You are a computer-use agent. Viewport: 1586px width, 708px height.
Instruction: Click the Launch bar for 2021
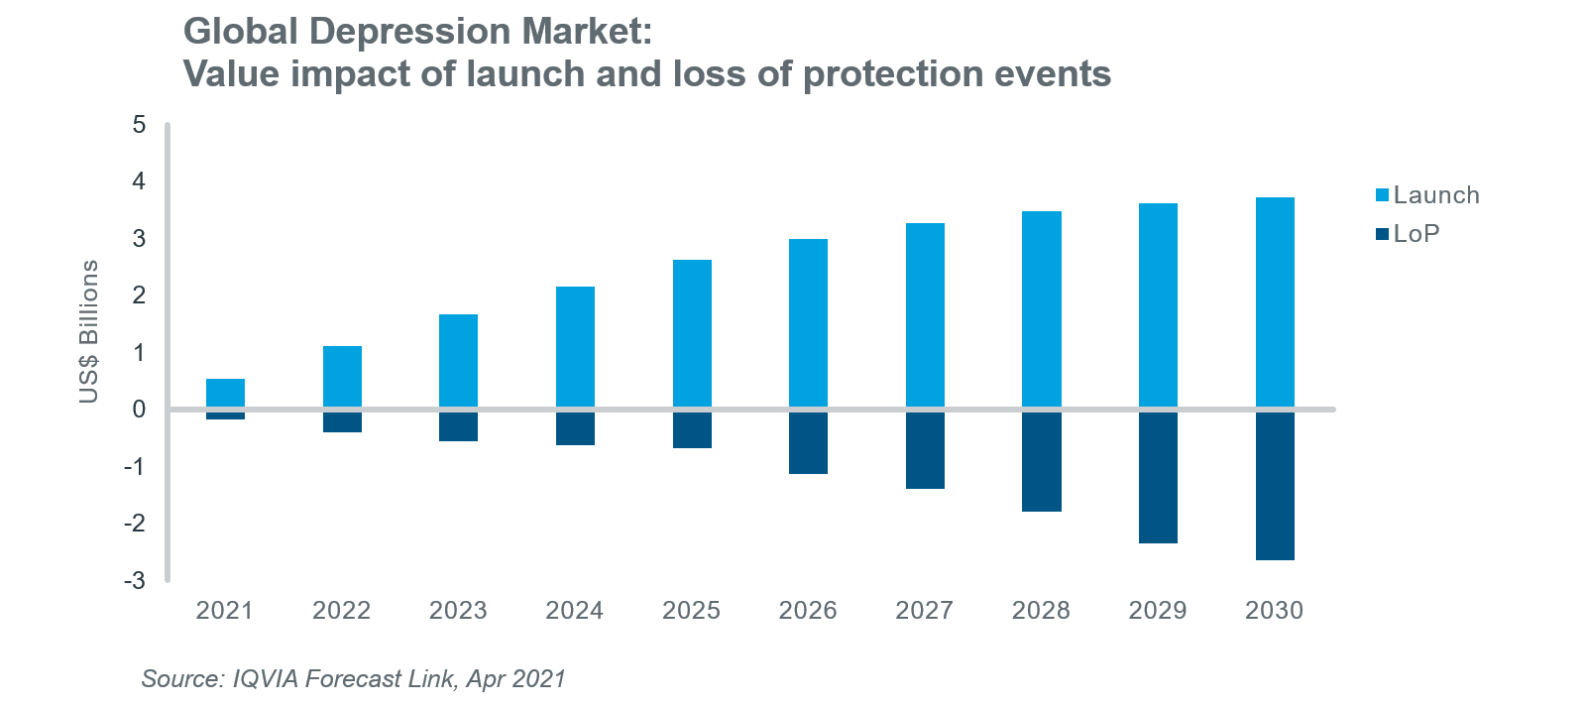click(x=225, y=393)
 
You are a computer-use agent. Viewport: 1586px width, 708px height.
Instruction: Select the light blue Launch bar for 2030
click(x=1275, y=302)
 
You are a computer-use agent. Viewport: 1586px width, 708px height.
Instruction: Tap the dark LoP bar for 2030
click(x=1275, y=486)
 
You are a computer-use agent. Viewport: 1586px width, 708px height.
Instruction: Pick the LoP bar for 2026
click(x=808, y=443)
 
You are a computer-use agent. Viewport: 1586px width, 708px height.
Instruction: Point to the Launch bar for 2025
click(x=692, y=333)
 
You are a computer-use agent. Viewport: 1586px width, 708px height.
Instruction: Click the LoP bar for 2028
click(x=1042, y=462)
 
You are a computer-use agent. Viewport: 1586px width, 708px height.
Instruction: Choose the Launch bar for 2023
click(x=458, y=360)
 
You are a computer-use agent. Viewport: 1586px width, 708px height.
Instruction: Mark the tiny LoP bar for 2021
click(x=225, y=415)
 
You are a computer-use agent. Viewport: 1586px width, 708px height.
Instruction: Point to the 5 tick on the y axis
click(x=139, y=125)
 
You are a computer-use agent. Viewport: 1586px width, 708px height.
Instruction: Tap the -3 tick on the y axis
click(x=135, y=581)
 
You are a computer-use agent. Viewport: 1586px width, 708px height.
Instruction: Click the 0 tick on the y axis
click(x=139, y=410)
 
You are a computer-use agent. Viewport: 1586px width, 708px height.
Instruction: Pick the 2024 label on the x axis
click(x=575, y=611)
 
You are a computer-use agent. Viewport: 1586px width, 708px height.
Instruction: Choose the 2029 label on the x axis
click(x=1158, y=611)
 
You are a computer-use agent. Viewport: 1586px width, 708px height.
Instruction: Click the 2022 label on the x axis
click(x=342, y=611)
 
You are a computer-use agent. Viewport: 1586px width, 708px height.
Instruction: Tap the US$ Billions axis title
click(x=89, y=331)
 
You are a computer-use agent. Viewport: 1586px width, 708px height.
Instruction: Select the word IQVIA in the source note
click(x=265, y=679)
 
